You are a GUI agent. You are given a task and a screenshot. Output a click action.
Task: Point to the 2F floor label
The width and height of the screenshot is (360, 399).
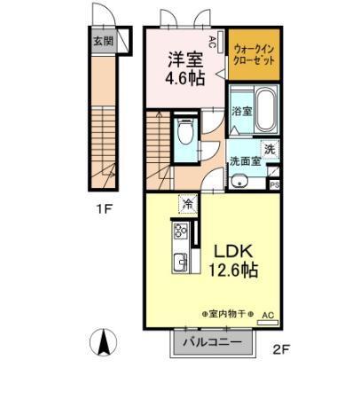point(280,348)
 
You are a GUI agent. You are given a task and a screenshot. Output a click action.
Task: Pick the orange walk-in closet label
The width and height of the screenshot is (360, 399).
point(255,52)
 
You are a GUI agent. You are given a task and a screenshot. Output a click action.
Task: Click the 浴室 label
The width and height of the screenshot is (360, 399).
point(241,113)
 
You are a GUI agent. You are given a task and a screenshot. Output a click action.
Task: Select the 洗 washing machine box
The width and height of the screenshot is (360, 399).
point(270,149)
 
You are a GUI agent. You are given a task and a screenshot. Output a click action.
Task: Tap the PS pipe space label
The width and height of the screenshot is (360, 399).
point(275,184)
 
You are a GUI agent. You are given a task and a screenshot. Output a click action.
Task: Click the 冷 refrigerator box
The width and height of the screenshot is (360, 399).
point(188,204)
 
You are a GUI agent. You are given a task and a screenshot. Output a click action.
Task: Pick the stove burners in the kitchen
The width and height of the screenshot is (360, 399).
point(178,233)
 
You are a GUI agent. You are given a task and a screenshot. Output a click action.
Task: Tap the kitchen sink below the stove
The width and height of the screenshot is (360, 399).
point(178,263)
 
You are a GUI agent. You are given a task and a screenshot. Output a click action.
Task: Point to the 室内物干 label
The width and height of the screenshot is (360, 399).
point(226,314)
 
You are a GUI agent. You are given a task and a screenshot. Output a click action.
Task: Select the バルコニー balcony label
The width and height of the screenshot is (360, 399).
point(212,341)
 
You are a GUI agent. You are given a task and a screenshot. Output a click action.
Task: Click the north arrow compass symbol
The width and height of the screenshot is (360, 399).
point(102,340)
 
